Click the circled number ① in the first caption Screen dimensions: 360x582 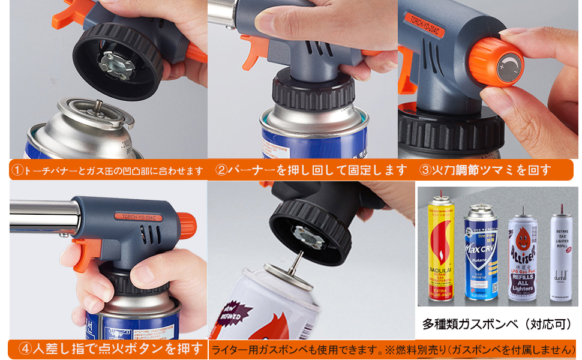18,171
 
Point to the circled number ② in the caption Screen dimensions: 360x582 221,170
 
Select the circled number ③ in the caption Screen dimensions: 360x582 425,170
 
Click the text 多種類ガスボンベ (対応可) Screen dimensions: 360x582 497,325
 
